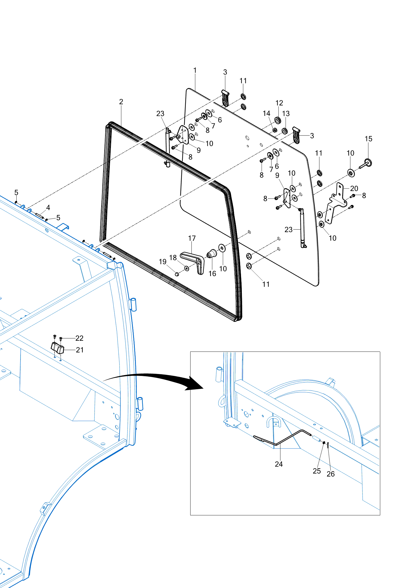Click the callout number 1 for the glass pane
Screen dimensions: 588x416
[195, 70]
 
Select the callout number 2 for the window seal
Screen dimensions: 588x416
[121, 102]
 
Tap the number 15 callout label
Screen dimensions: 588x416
[368, 139]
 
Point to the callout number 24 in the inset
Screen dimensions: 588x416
[279, 464]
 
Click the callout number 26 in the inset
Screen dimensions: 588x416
[331, 474]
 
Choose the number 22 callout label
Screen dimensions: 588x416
[79, 338]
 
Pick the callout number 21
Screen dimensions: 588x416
[80, 350]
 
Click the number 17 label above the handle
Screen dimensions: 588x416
[192, 238]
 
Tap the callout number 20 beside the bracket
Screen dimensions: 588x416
[354, 189]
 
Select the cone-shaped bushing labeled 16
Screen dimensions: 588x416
[212, 253]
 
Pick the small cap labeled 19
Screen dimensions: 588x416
[177, 274]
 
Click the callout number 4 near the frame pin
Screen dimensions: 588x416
[48, 207]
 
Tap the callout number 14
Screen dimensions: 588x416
[267, 113]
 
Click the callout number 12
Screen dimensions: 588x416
[279, 103]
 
